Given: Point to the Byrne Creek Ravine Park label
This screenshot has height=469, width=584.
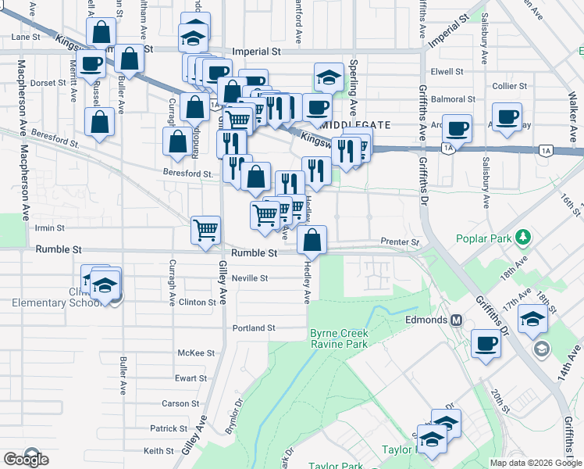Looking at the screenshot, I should click(x=339, y=338).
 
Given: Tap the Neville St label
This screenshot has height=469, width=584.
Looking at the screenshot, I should click(x=253, y=277).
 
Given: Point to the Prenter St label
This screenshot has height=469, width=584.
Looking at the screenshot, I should click(x=400, y=242).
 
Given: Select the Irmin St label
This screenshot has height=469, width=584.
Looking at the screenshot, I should click(x=50, y=228).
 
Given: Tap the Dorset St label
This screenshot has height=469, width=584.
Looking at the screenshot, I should click(x=48, y=82).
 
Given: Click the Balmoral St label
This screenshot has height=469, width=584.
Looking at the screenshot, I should click(x=454, y=100).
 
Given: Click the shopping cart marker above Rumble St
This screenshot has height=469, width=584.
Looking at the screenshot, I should click(x=205, y=230).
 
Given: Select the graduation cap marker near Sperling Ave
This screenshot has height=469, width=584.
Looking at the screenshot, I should click(x=329, y=77).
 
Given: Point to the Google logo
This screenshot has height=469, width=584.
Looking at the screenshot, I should click(x=26, y=460).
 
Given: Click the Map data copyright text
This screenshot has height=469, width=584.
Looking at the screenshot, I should click(x=536, y=463).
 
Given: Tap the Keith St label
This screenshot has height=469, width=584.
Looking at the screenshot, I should click(x=158, y=451).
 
